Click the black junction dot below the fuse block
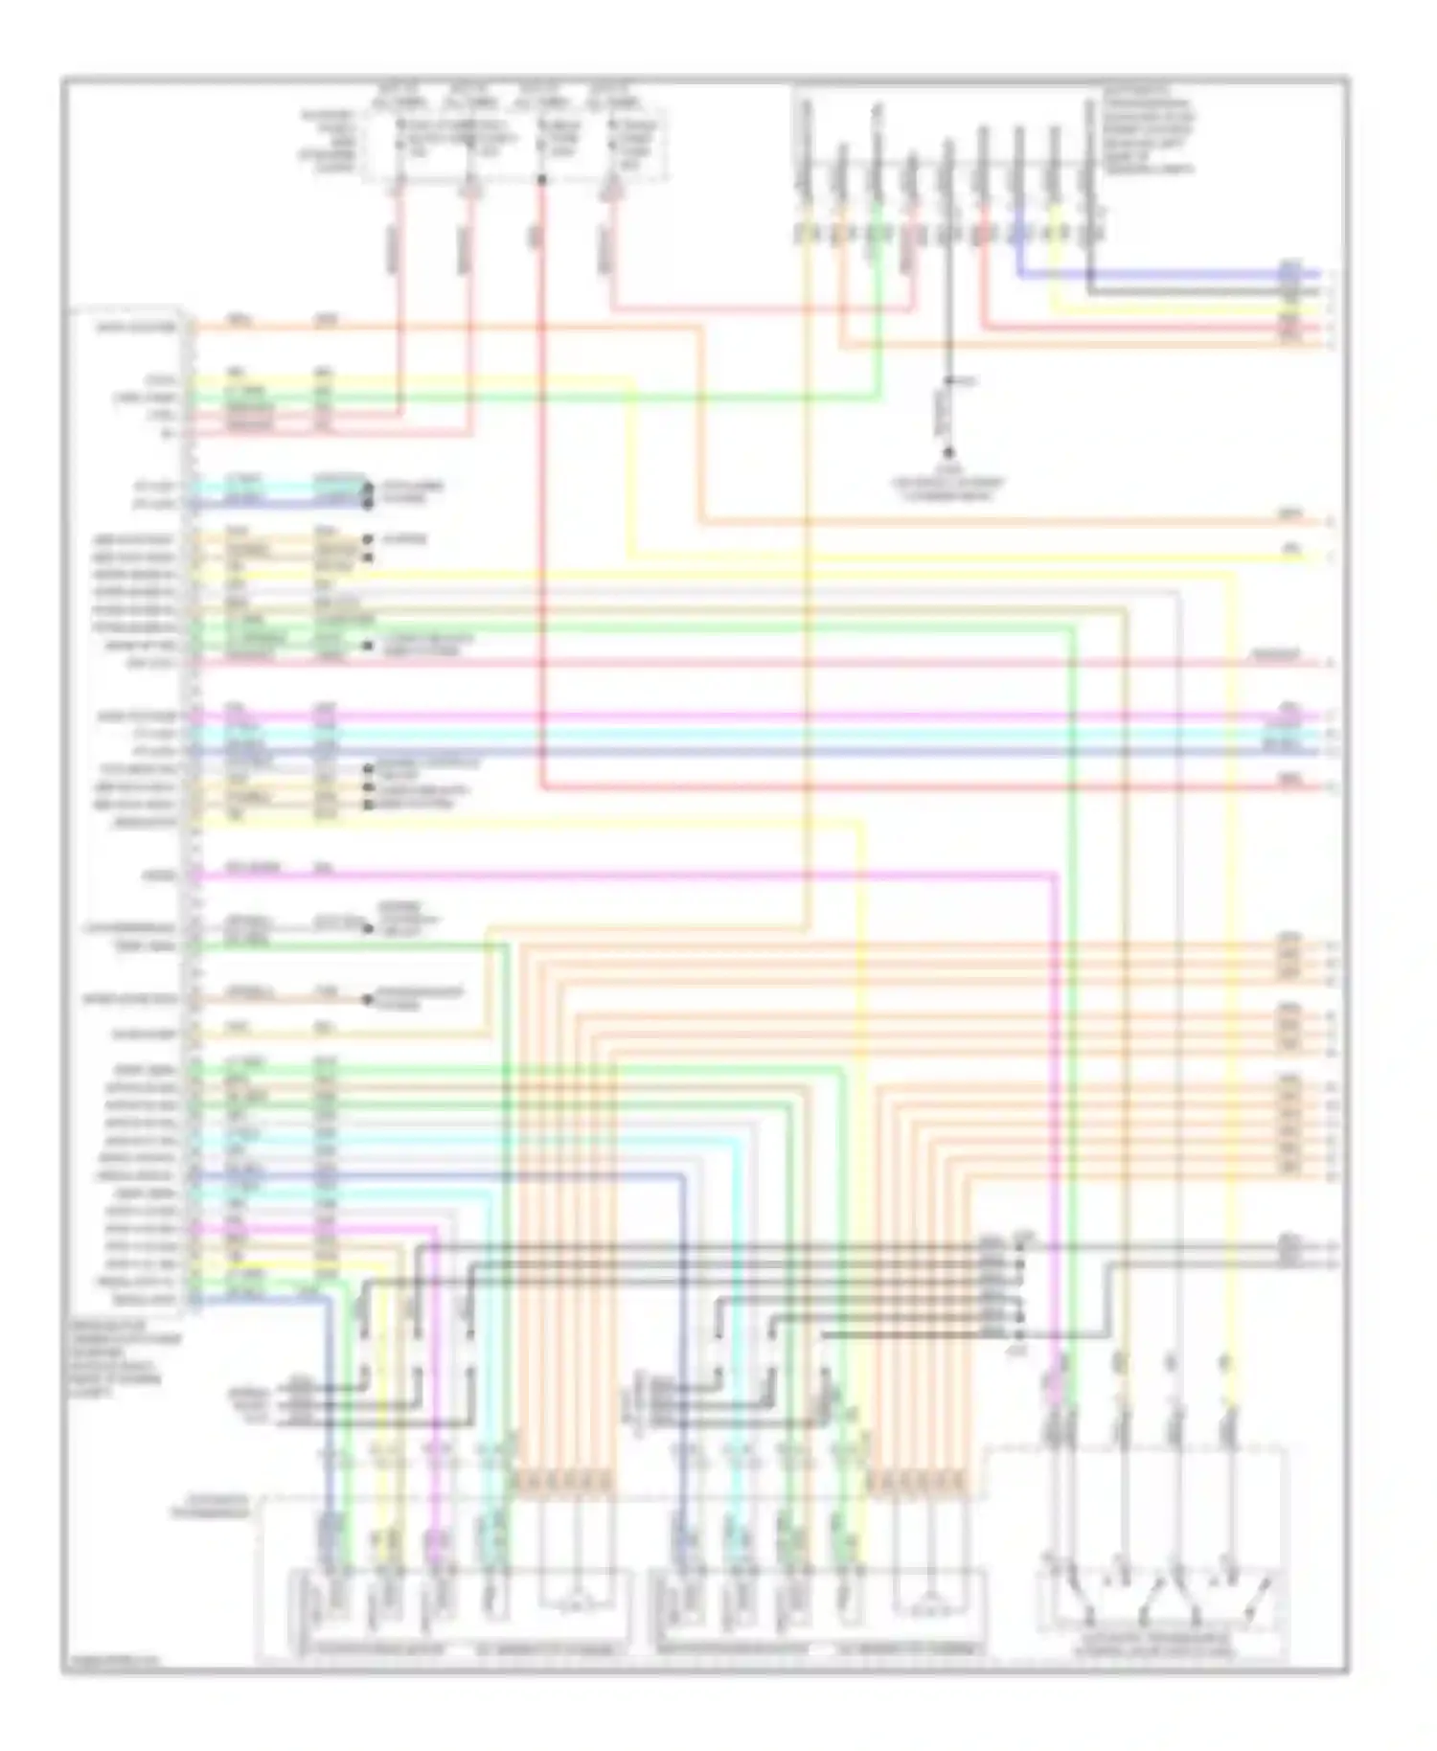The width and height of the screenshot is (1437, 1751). click(541, 180)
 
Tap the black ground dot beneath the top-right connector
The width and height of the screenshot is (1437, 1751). click(948, 453)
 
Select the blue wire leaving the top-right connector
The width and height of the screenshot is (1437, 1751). click(1150, 274)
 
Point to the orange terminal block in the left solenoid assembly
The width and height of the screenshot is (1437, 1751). click(564, 1484)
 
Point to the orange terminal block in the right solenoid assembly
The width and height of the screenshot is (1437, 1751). click(918, 1484)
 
